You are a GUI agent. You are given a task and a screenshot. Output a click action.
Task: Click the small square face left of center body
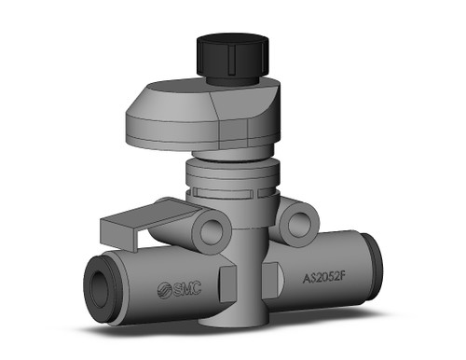pos(228,280)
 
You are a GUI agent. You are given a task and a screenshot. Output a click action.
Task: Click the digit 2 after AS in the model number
pos(324,277)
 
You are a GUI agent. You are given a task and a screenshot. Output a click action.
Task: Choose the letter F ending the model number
pos(351,277)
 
